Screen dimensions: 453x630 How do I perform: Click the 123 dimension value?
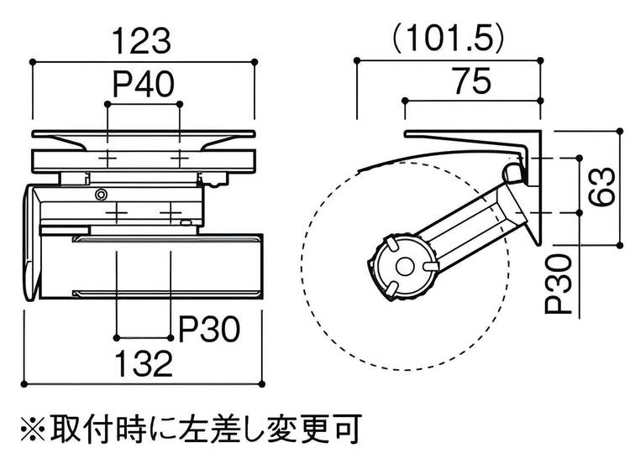(142, 39)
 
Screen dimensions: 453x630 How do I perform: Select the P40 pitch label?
(143, 85)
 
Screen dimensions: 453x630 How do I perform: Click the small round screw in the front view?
(101, 195)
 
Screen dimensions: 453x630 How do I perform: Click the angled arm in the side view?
(470, 222)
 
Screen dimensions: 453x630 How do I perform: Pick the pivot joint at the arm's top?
(512, 172)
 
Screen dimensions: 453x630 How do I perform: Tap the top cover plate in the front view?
(142, 134)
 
